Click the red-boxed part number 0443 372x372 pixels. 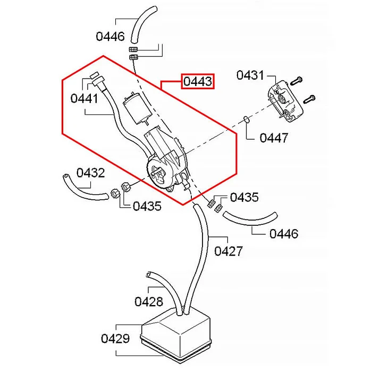(x=198, y=81)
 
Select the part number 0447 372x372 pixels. (x=274, y=138)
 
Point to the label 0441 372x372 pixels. (x=84, y=98)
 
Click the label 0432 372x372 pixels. (x=91, y=173)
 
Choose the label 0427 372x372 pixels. (x=229, y=251)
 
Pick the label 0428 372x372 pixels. (x=149, y=302)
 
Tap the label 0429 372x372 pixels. (x=115, y=339)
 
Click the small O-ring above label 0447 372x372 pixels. (x=247, y=120)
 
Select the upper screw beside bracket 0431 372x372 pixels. (x=297, y=80)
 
